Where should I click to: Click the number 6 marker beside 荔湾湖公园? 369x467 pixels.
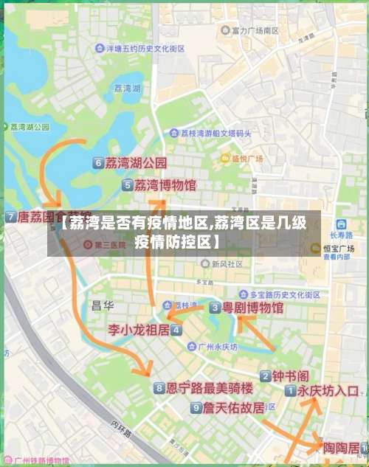(x=98, y=163)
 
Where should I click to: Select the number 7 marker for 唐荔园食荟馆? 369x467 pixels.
(x=10, y=218)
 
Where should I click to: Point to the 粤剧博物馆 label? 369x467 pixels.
(x=253, y=307)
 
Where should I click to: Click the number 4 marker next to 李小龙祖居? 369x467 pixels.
(x=176, y=330)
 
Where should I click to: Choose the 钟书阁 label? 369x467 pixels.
(x=289, y=376)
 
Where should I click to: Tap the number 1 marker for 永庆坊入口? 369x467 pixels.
(x=291, y=391)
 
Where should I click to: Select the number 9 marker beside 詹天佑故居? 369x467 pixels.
(x=196, y=407)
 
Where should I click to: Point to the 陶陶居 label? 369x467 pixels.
(x=342, y=447)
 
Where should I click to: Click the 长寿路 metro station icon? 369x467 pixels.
(x=341, y=224)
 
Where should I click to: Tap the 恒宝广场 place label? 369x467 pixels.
(x=339, y=249)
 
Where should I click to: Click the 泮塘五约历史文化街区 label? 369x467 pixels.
(x=145, y=48)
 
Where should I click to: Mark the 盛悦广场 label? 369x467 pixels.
(x=247, y=158)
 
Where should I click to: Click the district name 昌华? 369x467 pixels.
(x=102, y=304)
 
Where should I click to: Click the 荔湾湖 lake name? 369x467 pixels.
(x=128, y=88)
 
